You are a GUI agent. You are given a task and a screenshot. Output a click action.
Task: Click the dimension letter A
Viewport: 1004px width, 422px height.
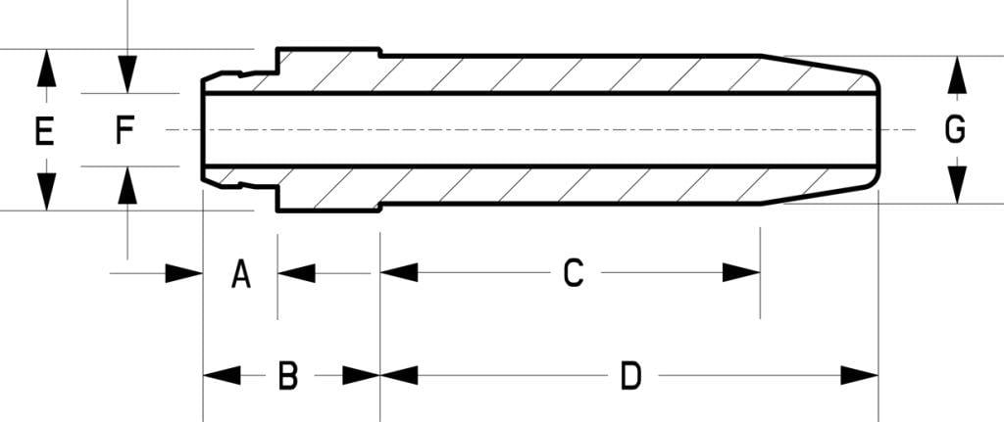pos(240,274)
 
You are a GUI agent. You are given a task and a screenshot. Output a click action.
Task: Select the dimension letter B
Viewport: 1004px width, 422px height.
pos(287,375)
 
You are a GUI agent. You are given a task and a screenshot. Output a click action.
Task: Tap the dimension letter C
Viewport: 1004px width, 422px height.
pos(574,273)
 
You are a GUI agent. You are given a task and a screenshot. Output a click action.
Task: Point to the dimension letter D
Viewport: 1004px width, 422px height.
pos(630,375)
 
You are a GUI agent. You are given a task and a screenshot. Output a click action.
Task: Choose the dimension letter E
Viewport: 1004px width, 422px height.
pos(44,130)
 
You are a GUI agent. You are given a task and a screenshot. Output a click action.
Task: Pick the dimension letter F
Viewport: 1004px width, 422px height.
pos(125,130)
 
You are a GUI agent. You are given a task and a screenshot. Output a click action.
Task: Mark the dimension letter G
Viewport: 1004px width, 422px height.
pos(955,130)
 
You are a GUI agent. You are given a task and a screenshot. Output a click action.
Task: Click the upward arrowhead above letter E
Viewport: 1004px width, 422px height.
pos(45,70)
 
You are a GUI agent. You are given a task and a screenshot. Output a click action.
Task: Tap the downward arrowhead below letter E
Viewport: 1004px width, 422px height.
pos(45,190)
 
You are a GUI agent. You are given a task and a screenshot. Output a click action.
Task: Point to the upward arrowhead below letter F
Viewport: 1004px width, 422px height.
pos(127,185)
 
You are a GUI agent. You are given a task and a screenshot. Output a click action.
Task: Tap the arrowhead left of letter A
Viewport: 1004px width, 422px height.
pos(183,273)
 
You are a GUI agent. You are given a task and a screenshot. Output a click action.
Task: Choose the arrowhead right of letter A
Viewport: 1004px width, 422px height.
pos(296,273)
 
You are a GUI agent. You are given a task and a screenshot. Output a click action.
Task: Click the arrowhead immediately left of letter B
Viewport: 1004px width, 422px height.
pos(222,375)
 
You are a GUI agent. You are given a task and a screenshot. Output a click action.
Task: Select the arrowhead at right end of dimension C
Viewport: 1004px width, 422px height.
pos(741,272)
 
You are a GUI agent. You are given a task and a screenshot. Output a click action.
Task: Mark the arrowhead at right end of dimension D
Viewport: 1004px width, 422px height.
pos(859,375)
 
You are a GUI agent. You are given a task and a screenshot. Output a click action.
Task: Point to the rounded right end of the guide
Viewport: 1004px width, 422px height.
pos(876,130)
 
